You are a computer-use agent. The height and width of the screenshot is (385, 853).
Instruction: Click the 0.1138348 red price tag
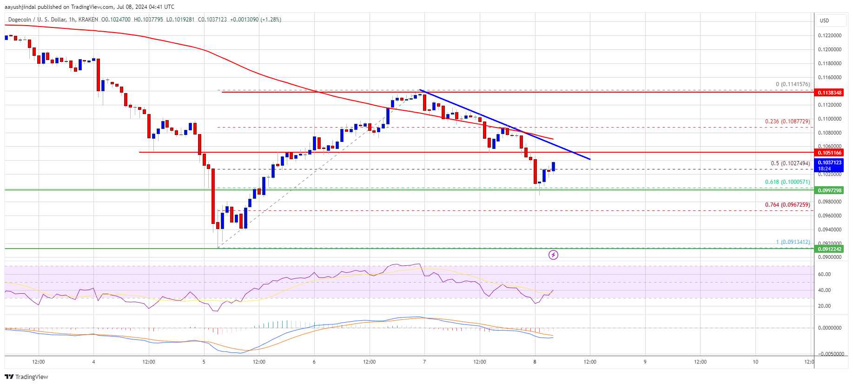pos(830,93)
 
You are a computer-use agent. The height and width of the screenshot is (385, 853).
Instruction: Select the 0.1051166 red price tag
pos(830,153)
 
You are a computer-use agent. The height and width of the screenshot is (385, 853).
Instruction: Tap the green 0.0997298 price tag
pos(830,190)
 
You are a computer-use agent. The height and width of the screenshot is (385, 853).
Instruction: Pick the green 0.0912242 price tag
pos(830,249)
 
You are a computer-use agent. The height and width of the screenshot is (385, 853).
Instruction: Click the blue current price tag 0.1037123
pos(830,163)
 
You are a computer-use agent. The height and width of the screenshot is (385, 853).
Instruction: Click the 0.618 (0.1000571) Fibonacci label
pos(787,182)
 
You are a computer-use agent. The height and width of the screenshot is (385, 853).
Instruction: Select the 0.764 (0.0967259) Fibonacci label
pos(787,205)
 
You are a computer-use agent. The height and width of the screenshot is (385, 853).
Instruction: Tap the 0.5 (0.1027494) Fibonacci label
pos(790,163)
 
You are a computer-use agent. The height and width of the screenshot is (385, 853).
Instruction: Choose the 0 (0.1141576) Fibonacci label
pos(793,84)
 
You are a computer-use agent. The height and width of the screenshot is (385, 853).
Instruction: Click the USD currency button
pos(825,20)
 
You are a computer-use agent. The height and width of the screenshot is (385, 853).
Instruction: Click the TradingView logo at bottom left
pos(26,377)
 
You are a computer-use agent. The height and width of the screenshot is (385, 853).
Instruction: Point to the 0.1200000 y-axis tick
pos(829,49)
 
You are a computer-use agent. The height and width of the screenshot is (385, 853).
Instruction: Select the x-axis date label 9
pos(645,362)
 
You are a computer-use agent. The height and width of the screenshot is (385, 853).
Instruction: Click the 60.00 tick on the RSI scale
pos(824,274)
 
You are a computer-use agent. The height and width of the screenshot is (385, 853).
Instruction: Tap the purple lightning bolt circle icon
pos(553,255)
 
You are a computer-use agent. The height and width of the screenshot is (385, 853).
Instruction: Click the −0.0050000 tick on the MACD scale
pos(831,354)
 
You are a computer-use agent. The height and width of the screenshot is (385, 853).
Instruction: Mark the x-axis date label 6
pos(314,362)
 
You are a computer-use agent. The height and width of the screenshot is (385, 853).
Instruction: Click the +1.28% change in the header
pos(271,20)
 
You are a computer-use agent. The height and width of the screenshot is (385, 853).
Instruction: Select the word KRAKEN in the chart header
pos(88,20)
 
